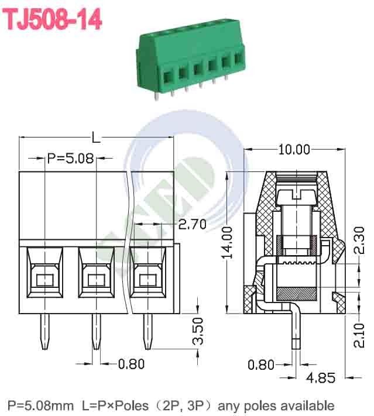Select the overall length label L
(x=97, y=138)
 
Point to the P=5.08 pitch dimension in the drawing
(x=70, y=158)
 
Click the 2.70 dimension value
(x=191, y=225)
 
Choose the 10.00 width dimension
(x=294, y=150)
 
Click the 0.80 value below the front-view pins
(x=131, y=364)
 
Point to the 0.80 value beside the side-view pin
(x=260, y=365)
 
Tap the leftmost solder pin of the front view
(x=44, y=332)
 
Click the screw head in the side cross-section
(x=298, y=199)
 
